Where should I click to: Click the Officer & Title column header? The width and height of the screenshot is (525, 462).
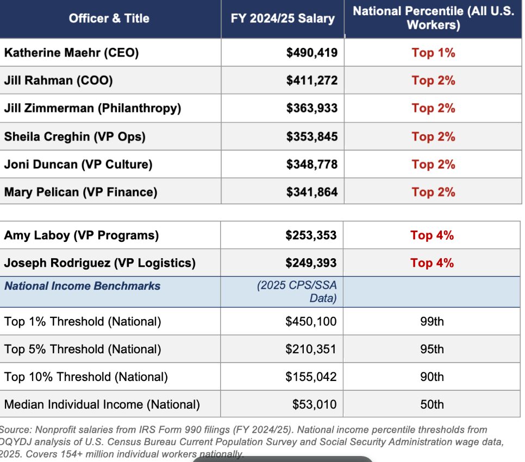[x=109, y=18]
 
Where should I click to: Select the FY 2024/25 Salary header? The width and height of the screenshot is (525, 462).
[x=283, y=18]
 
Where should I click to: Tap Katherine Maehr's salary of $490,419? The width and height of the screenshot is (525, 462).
[x=312, y=53]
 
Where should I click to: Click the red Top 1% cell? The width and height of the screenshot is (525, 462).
[x=433, y=53]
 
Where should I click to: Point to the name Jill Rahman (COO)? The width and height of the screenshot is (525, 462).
[x=58, y=80]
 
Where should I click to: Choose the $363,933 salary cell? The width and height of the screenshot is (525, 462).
[x=312, y=108]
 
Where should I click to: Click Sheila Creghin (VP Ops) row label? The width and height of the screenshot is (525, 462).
[x=74, y=136]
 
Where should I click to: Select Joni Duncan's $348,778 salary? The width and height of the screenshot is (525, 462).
[x=312, y=164]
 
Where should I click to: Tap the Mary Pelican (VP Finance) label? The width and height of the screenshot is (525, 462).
[x=80, y=192]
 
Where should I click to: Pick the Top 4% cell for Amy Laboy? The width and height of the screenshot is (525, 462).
[x=432, y=235]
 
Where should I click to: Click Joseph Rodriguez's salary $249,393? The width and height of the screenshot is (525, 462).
[x=311, y=263]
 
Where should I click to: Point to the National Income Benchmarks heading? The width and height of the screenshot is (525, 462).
[x=83, y=286]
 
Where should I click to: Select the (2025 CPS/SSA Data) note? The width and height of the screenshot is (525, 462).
[x=297, y=292]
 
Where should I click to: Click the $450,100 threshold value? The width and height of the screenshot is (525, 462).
[x=311, y=322]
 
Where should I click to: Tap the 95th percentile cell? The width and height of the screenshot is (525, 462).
[x=432, y=349]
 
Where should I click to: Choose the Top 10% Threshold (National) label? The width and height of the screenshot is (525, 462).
[x=86, y=377]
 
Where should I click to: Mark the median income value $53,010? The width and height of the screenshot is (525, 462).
[x=314, y=404]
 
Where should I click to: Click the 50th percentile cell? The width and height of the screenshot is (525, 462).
[x=432, y=404]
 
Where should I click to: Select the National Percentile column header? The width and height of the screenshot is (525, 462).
[x=433, y=18]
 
